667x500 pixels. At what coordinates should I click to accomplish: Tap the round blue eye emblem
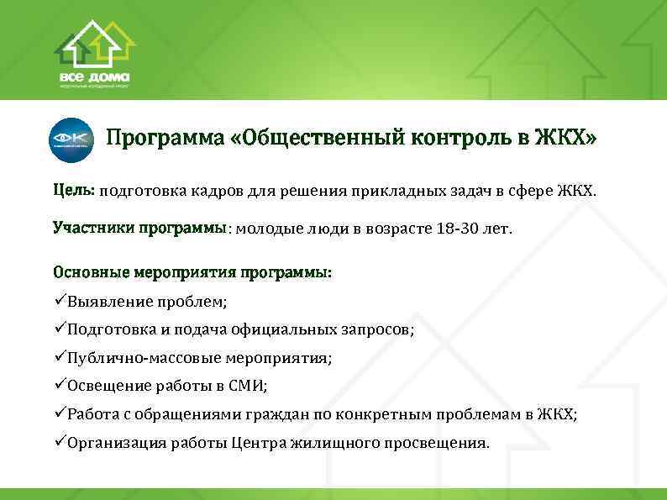pyautogui.click(x=71, y=138)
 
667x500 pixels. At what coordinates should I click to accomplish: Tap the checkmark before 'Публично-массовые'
pyautogui.click(x=59, y=357)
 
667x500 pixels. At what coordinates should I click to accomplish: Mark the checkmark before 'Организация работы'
pyautogui.click(x=59, y=442)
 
